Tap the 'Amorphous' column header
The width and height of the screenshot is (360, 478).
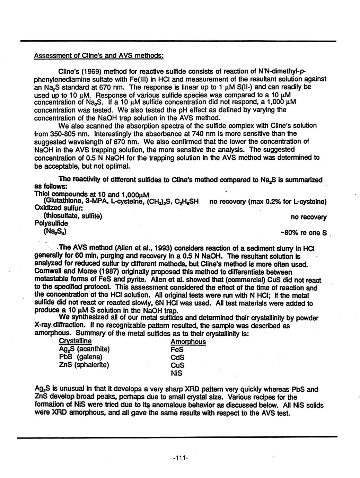pos(188,342)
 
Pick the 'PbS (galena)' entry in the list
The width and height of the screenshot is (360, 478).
pos(81,357)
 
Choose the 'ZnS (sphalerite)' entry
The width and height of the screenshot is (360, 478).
pos(84,365)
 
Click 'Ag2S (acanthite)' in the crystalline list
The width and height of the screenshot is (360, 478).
pos(84,349)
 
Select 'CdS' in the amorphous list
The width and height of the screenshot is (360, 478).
pos(177,357)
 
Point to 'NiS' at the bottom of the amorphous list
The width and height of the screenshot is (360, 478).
pos(176,373)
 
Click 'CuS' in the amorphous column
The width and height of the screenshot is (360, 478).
pos(177,365)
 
